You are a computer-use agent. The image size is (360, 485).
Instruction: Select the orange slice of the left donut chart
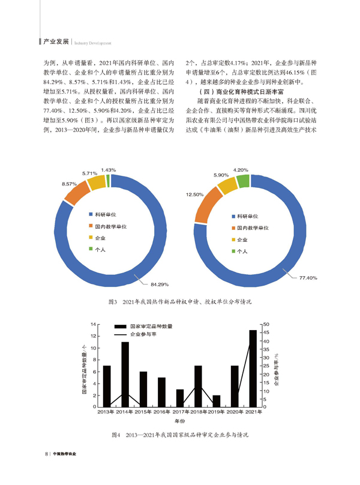click(74, 193)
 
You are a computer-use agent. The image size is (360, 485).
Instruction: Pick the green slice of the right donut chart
click(242, 181)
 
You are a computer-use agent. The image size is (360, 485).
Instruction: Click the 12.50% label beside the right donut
click(195, 194)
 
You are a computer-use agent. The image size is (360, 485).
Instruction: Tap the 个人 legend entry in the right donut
click(242, 252)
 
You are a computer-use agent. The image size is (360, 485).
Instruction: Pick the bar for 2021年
click(253, 368)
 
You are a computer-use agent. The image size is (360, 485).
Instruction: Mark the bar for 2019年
click(217, 401)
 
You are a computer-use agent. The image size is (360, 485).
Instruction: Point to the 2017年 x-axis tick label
click(180, 412)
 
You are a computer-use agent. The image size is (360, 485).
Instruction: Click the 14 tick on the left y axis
click(93, 325)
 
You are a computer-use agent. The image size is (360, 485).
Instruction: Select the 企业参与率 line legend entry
click(144, 334)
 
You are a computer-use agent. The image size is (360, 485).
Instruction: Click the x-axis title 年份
click(179, 421)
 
